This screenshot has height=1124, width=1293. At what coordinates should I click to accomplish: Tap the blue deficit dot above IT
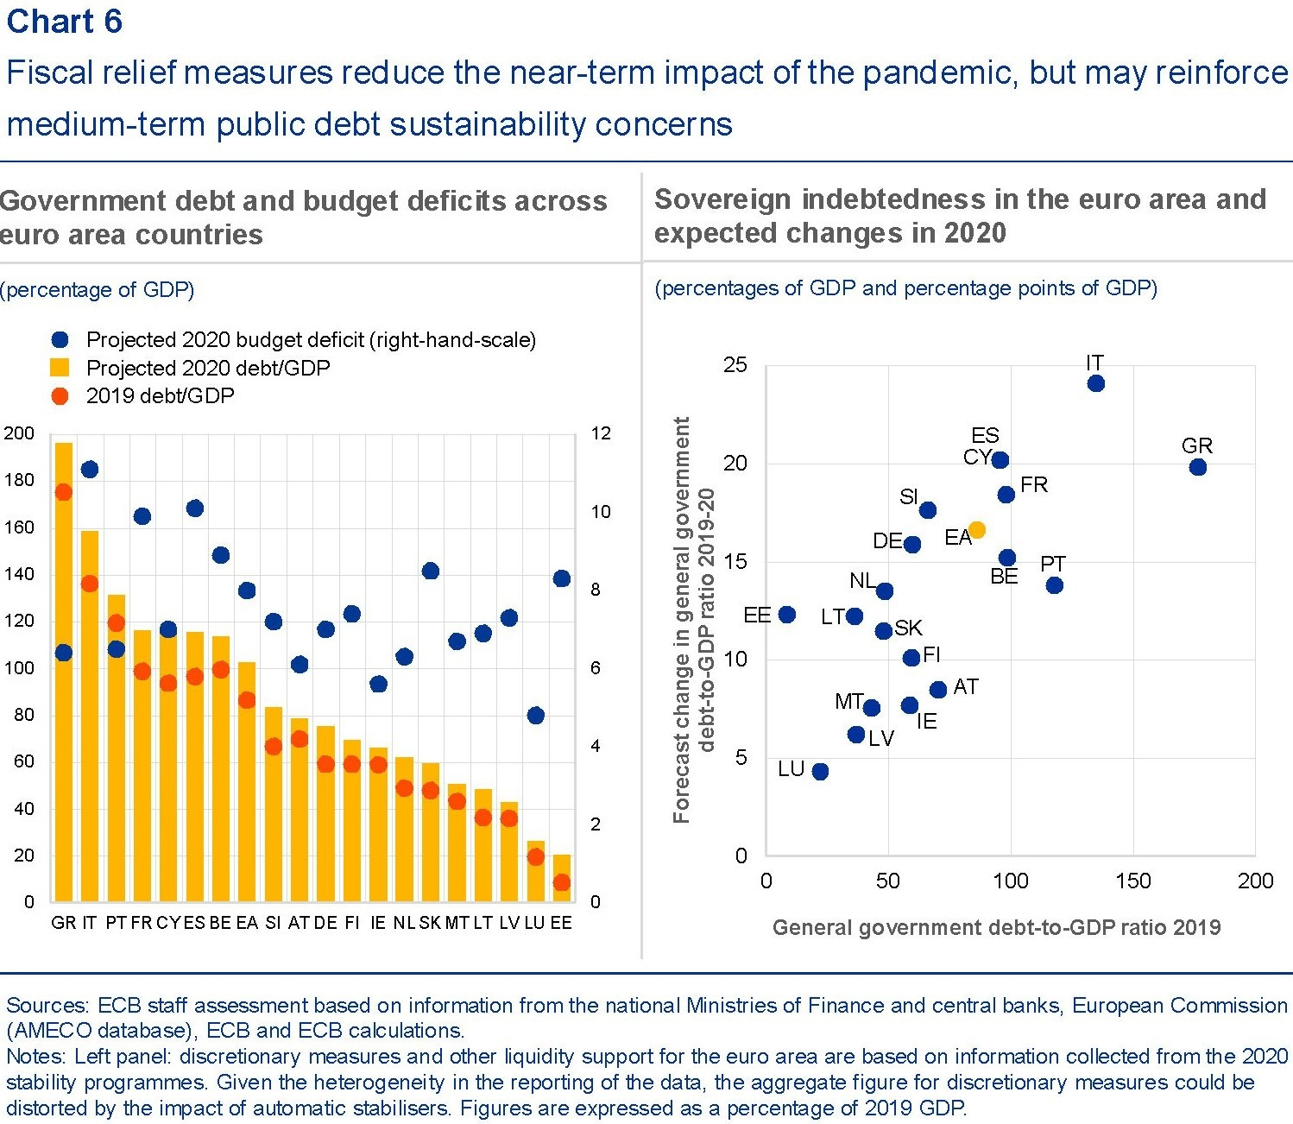pyautogui.click(x=90, y=470)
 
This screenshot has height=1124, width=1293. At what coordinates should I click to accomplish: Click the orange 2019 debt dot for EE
pyautogui.click(x=562, y=882)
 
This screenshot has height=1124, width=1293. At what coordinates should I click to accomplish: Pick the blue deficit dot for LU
pyautogui.click(x=536, y=716)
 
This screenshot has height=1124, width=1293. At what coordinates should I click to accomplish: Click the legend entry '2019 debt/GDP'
pyautogui.click(x=160, y=396)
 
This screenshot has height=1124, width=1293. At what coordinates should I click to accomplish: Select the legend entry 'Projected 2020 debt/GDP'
pyautogui.click(x=207, y=369)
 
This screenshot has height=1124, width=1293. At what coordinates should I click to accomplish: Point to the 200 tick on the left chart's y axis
pyautogui.click(x=19, y=433)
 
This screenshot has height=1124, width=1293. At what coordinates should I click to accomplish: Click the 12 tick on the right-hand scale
pyautogui.click(x=600, y=433)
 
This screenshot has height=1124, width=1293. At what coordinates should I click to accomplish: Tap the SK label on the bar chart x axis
pyautogui.click(x=430, y=923)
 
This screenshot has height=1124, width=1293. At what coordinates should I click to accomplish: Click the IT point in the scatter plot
pyautogui.click(x=1096, y=383)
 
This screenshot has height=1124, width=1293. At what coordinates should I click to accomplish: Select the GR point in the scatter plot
pyautogui.click(x=1198, y=467)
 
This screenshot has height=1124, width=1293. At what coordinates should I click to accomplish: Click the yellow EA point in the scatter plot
pyautogui.click(x=977, y=530)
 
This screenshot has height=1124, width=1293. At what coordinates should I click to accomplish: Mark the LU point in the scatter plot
pyautogui.click(x=821, y=772)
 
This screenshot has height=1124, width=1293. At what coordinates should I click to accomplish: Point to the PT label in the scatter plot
pyautogui.click(x=1053, y=564)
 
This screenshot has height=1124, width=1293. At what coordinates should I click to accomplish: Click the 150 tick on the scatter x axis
pyautogui.click(x=1132, y=881)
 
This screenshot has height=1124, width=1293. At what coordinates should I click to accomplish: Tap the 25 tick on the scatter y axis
pyautogui.click(x=735, y=365)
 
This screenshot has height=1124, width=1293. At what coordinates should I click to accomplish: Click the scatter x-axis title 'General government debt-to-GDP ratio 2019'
pyautogui.click(x=996, y=928)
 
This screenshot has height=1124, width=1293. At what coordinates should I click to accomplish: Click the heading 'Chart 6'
pyautogui.click(x=65, y=22)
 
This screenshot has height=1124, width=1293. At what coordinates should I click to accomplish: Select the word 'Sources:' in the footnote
pyautogui.click(x=47, y=1006)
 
